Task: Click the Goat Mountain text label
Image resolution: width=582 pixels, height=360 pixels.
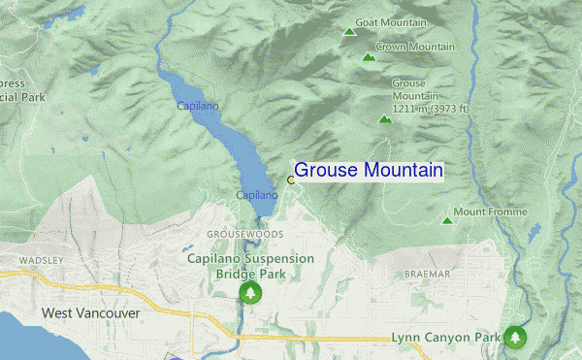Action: pyautogui.click(x=391, y=22)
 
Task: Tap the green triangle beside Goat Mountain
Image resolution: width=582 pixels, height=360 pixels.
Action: pyautogui.click(x=349, y=32)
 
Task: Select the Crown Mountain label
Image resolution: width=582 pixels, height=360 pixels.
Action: pyautogui.click(x=415, y=47)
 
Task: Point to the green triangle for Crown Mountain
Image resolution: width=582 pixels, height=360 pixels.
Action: pyautogui.click(x=368, y=57)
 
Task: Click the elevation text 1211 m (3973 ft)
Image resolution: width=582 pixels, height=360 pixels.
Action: pyautogui.click(x=430, y=109)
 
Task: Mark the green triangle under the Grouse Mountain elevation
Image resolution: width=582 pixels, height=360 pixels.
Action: pyautogui.click(x=385, y=119)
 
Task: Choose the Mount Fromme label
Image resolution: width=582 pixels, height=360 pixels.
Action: pyautogui.click(x=490, y=212)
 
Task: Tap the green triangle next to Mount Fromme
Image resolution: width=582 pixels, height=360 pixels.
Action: pyautogui.click(x=447, y=220)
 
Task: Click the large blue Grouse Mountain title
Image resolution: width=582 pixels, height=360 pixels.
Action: pyautogui.click(x=369, y=171)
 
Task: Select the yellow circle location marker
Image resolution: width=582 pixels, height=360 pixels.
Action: pyautogui.click(x=290, y=180)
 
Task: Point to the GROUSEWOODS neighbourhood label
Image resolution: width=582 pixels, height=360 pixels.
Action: pyautogui.click(x=245, y=235)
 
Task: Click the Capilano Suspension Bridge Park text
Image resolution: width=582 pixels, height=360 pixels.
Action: pyautogui.click(x=250, y=266)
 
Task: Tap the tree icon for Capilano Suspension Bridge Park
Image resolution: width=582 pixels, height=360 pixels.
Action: pyautogui.click(x=251, y=292)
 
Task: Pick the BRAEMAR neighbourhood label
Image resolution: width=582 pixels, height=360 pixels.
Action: pyautogui.click(x=427, y=275)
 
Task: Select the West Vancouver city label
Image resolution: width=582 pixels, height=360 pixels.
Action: pyautogui.click(x=91, y=313)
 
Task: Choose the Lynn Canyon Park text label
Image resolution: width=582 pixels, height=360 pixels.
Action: pyautogui.click(x=445, y=338)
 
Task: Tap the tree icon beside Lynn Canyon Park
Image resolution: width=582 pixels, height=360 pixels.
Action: pyautogui.click(x=515, y=337)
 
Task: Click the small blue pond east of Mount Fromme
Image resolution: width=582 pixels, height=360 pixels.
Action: pyautogui.click(x=534, y=230)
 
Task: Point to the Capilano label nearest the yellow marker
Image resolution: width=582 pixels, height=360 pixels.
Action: pyautogui.click(x=257, y=195)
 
